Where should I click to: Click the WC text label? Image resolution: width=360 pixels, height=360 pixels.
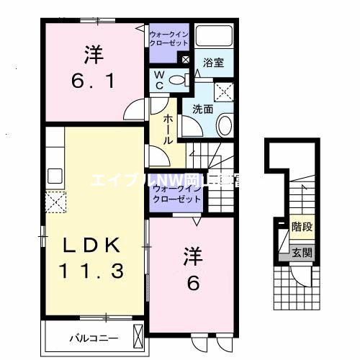tap(159, 80)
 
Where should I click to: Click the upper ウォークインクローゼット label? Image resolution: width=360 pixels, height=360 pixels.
tap(168, 38)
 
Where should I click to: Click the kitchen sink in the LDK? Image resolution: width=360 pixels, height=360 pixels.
tap(55, 176)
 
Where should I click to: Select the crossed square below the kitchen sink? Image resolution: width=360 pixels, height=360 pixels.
tap(55, 202)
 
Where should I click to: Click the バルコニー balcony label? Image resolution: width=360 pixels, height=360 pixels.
tap(90, 336)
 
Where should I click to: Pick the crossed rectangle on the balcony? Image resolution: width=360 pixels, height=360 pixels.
tap(138, 335)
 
